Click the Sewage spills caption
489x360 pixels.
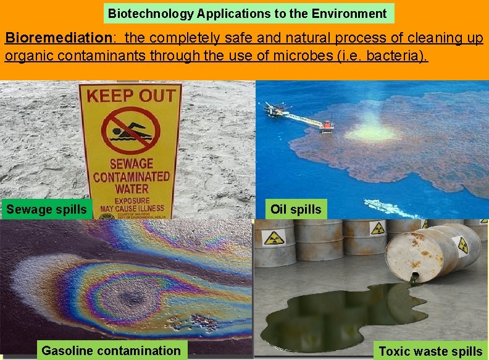47,209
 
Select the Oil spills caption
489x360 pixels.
296,209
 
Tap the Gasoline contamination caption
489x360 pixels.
111,351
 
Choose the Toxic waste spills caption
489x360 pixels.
430,351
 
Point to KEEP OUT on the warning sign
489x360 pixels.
130,96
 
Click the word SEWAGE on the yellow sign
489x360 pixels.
130,165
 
